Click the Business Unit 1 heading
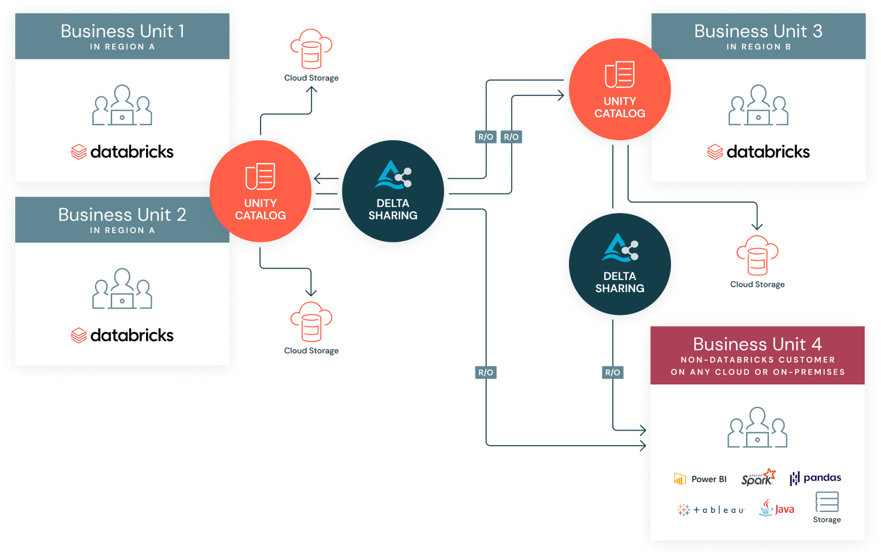(x=122, y=31)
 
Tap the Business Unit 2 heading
(x=122, y=214)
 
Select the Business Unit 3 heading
(x=758, y=31)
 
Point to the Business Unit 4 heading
(x=757, y=344)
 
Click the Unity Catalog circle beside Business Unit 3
(x=619, y=89)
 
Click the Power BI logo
(x=700, y=479)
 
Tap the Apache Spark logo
(x=758, y=478)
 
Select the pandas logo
(x=815, y=478)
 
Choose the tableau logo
(x=711, y=510)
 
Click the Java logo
(x=776, y=508)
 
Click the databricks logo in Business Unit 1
(x=122, y=152)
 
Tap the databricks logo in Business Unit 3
(x=758, y=152)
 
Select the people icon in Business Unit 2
(x=122, y=289)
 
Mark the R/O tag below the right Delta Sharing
(x=612, y=372)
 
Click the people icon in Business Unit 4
(x=757, y=428)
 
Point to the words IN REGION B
(x=758, y=47)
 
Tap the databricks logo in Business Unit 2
(x=122, y=335)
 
